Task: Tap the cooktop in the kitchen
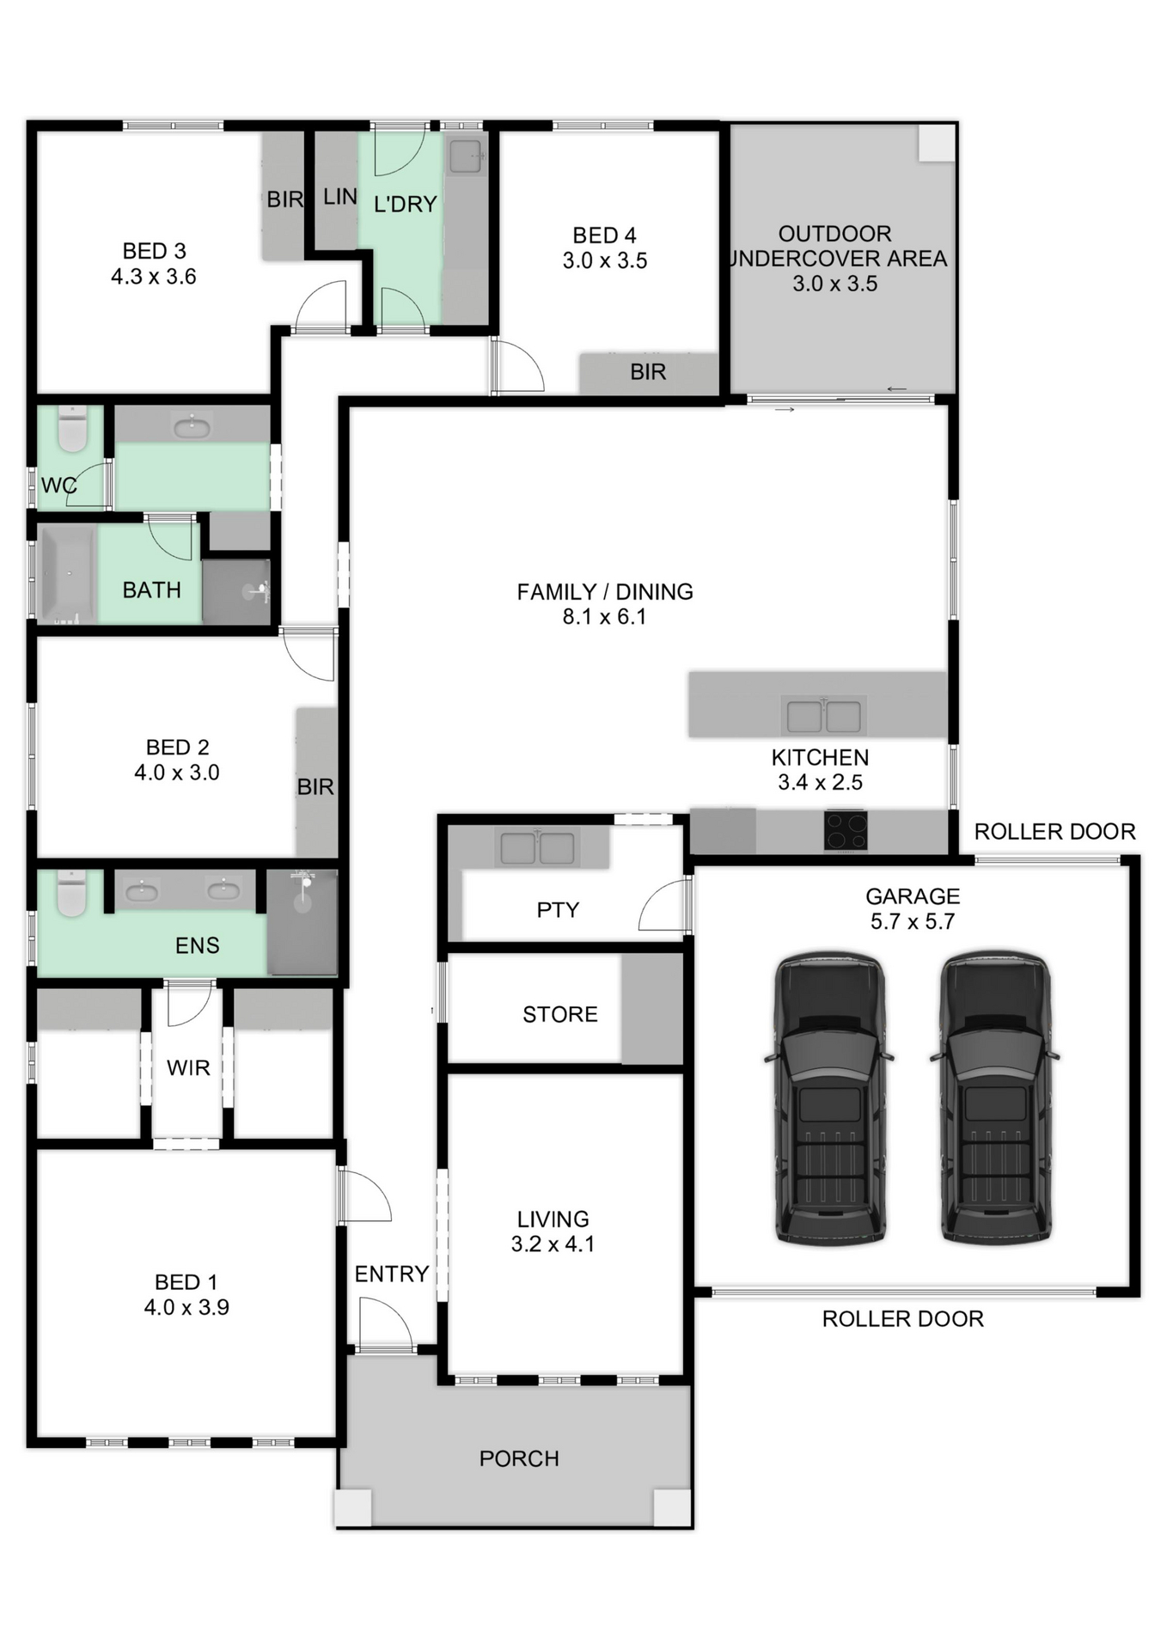pos(846,830)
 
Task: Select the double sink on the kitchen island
pos(823,716)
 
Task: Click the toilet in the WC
pos(72,429)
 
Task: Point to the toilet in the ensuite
pos(71,894)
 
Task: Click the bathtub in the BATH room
pos(66,574)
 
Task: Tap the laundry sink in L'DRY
pos(466,156)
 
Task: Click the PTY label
pos(558,910)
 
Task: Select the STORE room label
pos(559,1014)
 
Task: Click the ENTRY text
pos(391,1274)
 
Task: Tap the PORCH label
pos(519,1458)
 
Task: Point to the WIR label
pos(188,1067)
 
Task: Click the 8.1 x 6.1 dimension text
pos(604,617)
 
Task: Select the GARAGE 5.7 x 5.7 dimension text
pos(912,921)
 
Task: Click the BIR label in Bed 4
pos(648,372)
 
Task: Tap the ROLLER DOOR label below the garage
pos(902,1319)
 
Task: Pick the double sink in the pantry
pos(537,848)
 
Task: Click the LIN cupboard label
pos(339,197)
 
